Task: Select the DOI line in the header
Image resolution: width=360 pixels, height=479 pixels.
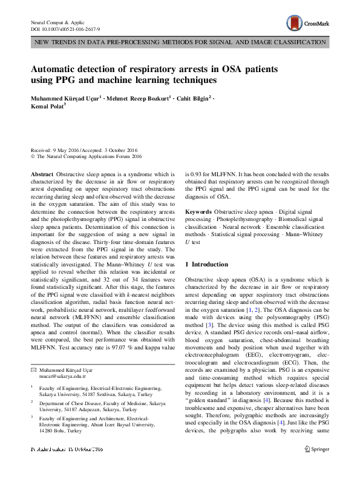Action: [65, 28]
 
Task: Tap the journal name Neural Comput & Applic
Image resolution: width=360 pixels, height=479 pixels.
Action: [61, 21]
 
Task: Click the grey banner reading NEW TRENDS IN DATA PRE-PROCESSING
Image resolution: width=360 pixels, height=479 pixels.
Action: [180, 42]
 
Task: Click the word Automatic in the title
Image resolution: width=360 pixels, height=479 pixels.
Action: [60, 68]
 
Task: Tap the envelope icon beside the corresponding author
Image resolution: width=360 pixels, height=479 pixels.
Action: [33, 369]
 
